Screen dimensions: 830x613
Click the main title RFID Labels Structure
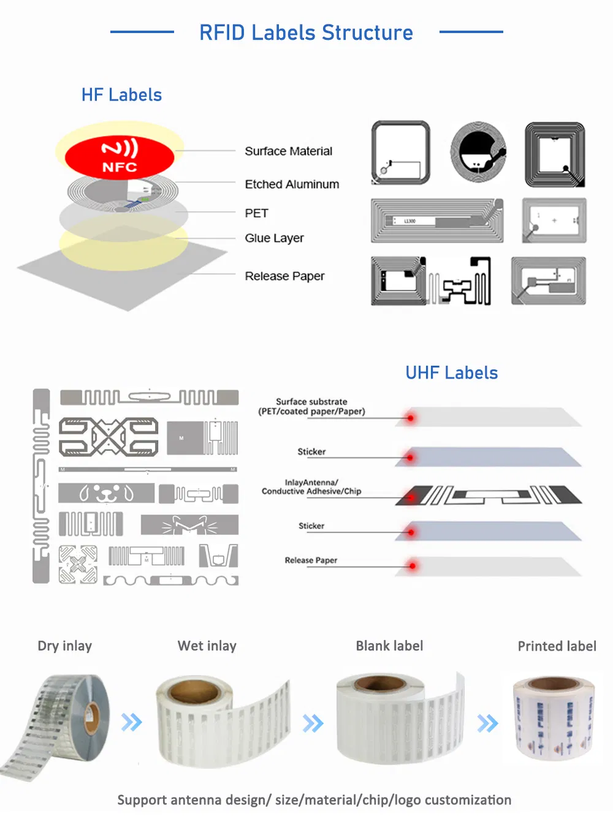point(306,32)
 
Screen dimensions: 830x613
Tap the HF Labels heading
point(121,95)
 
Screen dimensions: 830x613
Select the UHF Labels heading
point(451,372)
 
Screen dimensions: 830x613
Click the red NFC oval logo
point(120,156)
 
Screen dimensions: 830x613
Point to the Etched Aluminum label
point(292,184)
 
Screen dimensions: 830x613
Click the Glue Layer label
point(274,238)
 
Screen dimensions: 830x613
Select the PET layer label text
point(256,213)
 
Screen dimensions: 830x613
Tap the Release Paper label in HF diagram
point(284,276)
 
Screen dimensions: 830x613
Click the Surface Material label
point(288,151)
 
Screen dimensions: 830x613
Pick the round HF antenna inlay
point(478,153)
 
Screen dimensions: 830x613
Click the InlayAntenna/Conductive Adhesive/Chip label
point(311,487)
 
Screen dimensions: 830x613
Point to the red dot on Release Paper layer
point(413,566)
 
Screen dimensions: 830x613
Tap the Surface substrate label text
point(311,407)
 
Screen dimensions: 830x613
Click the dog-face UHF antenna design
point(107,492)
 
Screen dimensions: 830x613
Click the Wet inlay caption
point(207,646)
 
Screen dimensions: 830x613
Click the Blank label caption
point(389,646)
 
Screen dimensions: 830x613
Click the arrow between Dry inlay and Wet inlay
point(132,722)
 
